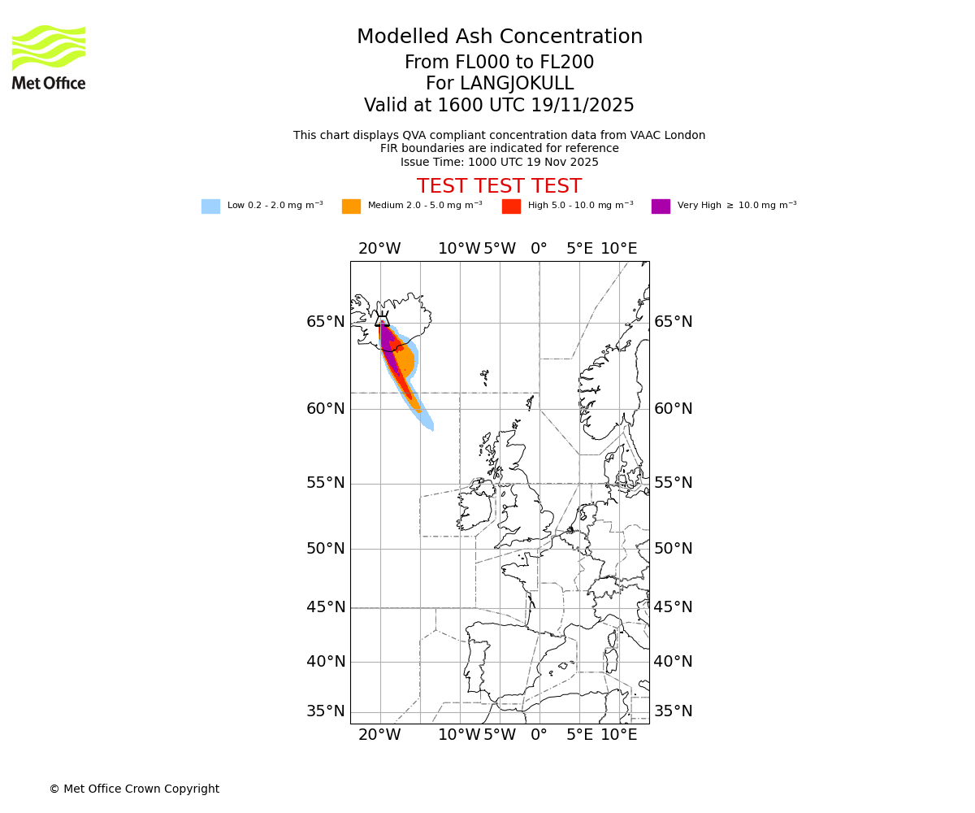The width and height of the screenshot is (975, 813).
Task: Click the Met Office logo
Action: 49,57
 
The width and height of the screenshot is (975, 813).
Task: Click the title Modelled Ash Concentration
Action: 499,37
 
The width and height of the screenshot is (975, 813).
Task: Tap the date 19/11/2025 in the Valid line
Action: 583,106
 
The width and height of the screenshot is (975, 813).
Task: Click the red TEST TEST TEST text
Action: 499,187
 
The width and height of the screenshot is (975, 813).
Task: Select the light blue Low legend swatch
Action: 210,207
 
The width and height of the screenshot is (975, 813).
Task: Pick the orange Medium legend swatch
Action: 351,207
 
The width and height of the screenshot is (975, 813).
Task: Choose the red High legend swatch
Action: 511,207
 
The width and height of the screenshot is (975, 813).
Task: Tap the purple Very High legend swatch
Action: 661,207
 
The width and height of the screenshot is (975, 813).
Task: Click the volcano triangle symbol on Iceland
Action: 382,320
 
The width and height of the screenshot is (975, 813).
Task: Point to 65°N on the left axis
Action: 325,322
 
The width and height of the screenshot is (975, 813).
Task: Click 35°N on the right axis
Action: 673,711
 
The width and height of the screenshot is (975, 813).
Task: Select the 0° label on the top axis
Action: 539,249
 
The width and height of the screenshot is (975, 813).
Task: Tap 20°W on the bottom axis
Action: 379,736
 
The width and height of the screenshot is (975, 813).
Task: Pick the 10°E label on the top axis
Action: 619,249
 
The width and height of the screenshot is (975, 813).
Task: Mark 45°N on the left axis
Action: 325,607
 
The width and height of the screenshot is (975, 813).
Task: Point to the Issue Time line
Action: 499,163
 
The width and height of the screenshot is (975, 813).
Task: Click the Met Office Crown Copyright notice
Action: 134,789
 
